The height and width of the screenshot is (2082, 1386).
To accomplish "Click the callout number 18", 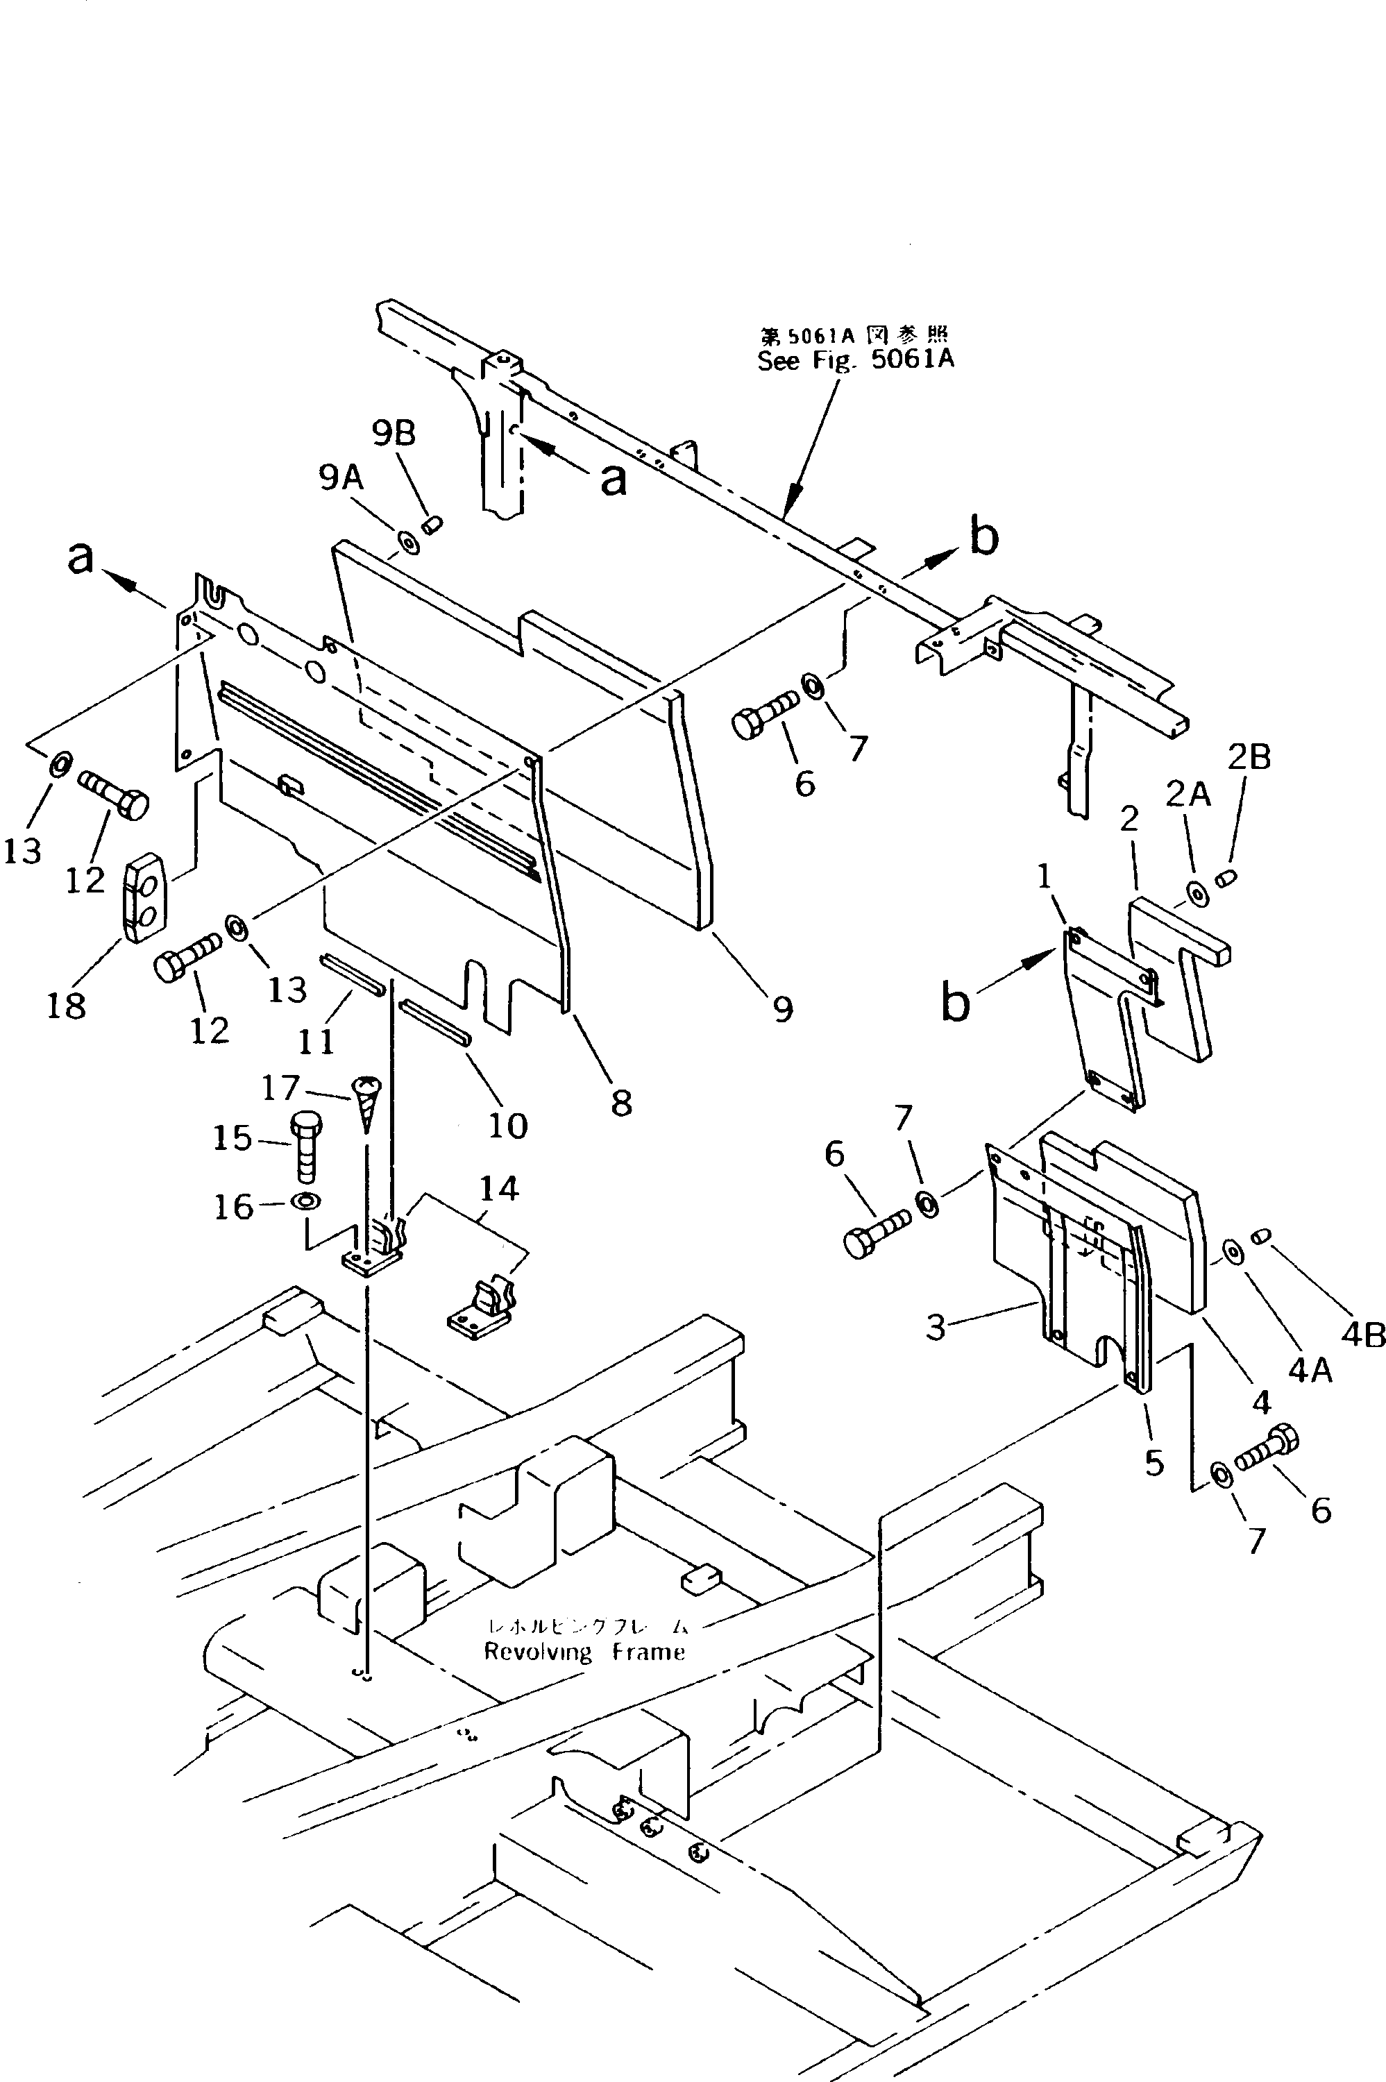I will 67,1005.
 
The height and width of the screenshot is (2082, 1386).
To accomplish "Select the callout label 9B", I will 394,433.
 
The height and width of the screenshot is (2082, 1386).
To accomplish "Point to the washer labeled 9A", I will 410,541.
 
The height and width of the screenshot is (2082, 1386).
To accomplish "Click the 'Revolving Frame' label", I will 584,1652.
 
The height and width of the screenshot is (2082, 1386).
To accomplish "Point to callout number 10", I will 508,1125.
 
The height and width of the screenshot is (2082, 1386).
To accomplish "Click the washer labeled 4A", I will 1231,1251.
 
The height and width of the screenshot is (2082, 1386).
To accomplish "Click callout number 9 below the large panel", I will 782,1009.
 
